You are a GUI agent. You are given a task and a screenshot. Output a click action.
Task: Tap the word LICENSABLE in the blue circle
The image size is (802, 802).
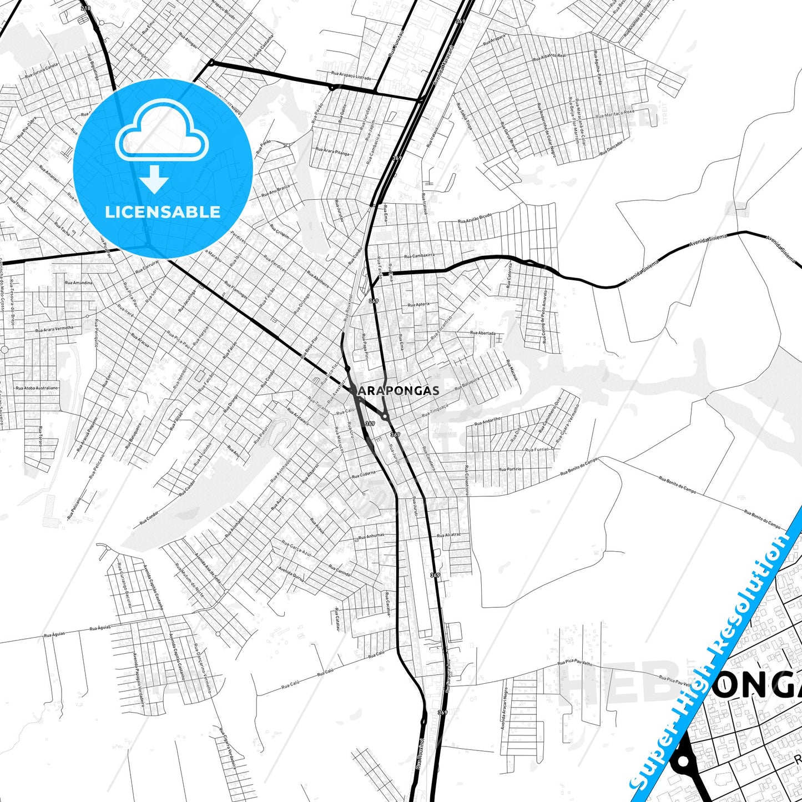(163, 212)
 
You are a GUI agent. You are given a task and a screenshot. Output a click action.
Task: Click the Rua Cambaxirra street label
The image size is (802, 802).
(420, 256)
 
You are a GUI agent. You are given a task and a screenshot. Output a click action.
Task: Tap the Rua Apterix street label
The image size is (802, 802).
(419, 305)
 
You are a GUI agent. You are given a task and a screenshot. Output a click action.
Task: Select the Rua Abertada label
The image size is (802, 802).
(483, 333)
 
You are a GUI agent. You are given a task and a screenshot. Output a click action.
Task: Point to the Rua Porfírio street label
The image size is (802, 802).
(510, 470)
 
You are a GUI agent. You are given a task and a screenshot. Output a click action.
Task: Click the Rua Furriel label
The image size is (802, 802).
(537, 449)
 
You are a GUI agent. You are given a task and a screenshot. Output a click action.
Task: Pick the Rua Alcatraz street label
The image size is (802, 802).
(448, 535)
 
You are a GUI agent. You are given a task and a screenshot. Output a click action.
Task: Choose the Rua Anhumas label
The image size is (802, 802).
(371, 536)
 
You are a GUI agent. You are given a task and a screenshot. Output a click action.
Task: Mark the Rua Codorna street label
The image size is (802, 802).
(364, 475)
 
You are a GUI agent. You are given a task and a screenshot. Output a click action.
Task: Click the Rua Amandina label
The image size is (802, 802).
(79, 283)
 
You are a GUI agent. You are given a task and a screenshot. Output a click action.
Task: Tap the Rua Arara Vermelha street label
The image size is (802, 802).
(54, 329)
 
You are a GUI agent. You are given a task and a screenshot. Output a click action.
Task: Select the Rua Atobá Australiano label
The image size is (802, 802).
(37, 388)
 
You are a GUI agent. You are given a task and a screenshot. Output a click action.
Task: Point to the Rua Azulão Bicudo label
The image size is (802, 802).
(475, 218)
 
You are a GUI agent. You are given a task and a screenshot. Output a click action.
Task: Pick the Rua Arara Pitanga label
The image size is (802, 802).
(332, 151)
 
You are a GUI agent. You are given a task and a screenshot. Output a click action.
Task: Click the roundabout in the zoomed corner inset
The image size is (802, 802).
(684, 762)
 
